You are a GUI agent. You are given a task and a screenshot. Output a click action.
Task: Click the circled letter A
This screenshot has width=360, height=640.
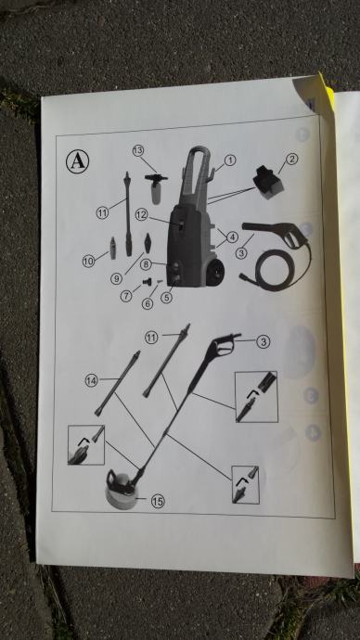(78, 161)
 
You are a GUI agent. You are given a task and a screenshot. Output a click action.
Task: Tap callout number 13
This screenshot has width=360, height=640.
(138, 150)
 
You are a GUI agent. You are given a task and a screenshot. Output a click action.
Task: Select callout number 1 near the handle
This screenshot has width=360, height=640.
(230, 160)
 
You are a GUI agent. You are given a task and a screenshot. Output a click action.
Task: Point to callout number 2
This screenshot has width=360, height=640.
(291, 159)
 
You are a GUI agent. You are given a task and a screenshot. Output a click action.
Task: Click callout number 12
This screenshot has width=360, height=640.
(141, 215)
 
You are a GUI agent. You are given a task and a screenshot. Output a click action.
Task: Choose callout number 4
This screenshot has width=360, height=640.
(232, 237)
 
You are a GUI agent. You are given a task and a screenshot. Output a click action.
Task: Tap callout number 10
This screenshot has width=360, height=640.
(88, 261)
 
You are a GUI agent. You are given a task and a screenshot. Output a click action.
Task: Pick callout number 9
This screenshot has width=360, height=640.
(116, 278)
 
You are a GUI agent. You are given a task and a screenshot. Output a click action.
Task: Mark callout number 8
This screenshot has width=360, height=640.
(146, 264)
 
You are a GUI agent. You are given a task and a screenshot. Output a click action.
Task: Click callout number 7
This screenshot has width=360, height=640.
(126, 296)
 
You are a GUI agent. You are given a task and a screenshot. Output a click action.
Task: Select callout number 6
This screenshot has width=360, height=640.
(148, 303)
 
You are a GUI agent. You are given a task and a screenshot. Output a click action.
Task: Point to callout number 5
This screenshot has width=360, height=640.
(166, 298)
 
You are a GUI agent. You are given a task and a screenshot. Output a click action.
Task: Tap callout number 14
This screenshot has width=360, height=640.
(92, 381)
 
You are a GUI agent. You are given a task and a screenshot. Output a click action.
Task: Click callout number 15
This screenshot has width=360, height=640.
(158, 501)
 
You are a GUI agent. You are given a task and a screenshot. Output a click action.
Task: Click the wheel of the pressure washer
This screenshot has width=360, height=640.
(215, 272)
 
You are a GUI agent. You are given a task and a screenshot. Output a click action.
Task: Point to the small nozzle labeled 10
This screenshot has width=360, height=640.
(112, 249)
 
